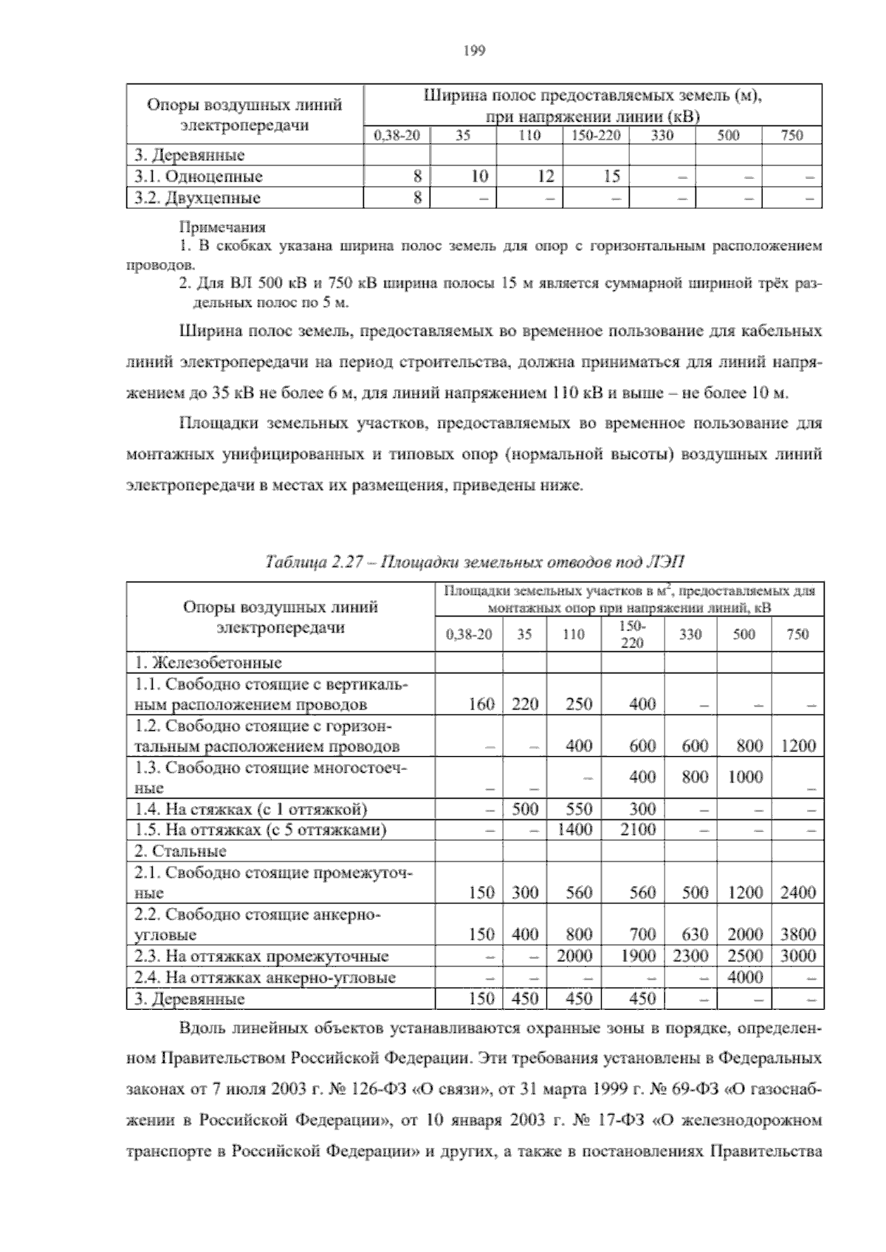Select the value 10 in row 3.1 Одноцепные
pos(479,176)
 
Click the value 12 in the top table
pos(545,176)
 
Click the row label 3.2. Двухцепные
pos(198,198)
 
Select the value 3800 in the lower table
pos(798,935)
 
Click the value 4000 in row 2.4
pos(745,977)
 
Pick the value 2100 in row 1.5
pos(638,829)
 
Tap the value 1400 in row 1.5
pos(574,829)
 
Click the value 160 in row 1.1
pos(481,704)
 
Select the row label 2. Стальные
pos(180,851)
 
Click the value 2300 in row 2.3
pos(690,956)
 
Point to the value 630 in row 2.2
pos(695,935)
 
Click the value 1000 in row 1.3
pos(745,777)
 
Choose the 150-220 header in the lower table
pos(632,634)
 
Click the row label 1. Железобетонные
pos(207,663)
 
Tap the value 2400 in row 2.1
pos(798,892)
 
